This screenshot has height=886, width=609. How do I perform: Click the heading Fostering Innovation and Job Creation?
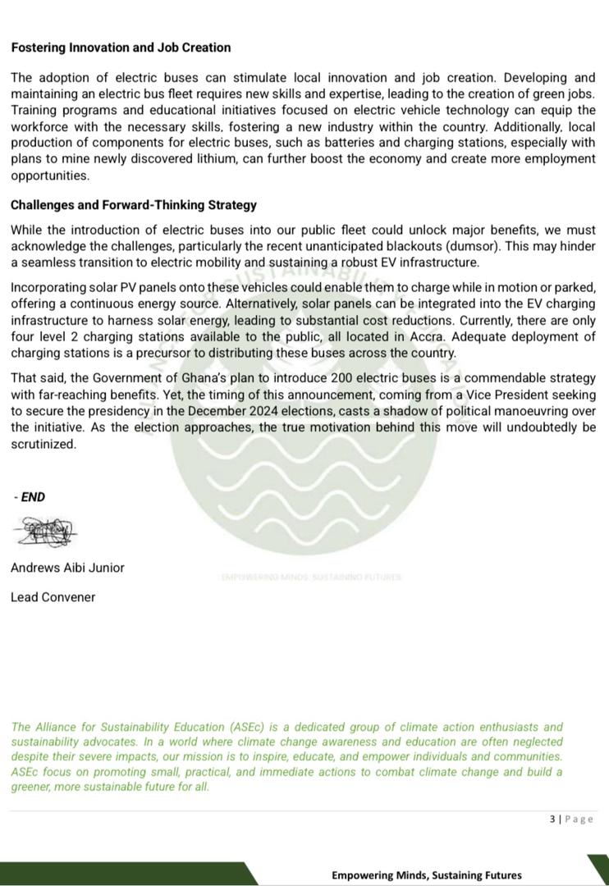click(x=121, y=48)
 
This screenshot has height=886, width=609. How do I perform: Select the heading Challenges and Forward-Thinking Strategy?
click(x=134, y=205)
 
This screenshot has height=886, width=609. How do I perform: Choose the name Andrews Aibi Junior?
click(x=67, y=567)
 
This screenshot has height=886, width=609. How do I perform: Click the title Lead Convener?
click(x=53, y=596)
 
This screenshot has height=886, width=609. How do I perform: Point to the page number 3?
click(x=552, y=819)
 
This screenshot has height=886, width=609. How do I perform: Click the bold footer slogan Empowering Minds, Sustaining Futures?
click(x=426, y=875)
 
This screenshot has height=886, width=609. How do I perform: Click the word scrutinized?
click(x=43, y=444)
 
